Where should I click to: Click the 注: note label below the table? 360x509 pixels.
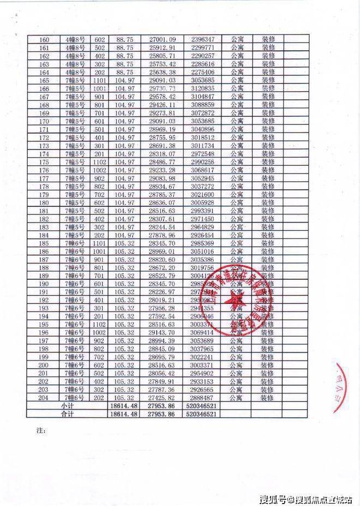click(40, 431)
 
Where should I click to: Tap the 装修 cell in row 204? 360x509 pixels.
click(268, 398)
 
